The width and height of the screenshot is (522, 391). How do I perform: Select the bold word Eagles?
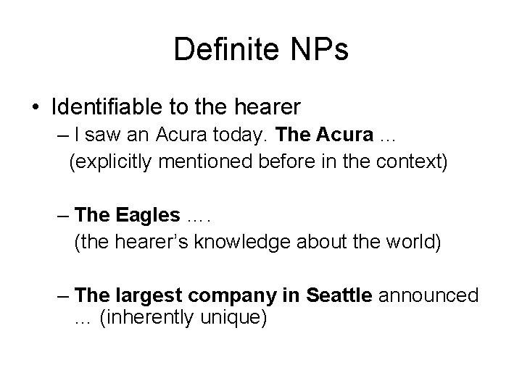click(x=145, y=214)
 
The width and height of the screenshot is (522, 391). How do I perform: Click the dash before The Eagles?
click(x=64, y=214)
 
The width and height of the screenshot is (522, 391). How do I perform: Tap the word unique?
click(x=236, y=319)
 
